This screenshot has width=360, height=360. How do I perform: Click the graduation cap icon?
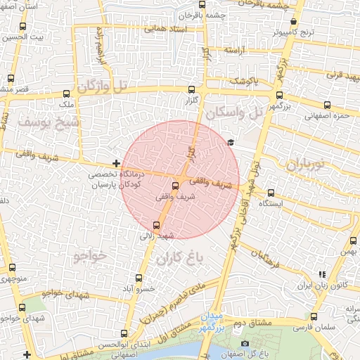click(230, 143)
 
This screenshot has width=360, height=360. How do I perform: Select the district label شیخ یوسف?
click(43, 124)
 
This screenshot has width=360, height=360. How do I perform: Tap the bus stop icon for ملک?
click(67, 94)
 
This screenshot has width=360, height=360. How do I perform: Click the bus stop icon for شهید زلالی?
click(156, 226)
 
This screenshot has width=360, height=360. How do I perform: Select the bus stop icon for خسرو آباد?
click(139, 277)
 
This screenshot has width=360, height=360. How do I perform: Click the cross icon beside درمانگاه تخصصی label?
click(116, 163)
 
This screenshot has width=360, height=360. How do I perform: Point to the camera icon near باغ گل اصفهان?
click(245, 344)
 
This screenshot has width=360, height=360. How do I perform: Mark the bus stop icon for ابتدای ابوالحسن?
click(124, 333)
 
